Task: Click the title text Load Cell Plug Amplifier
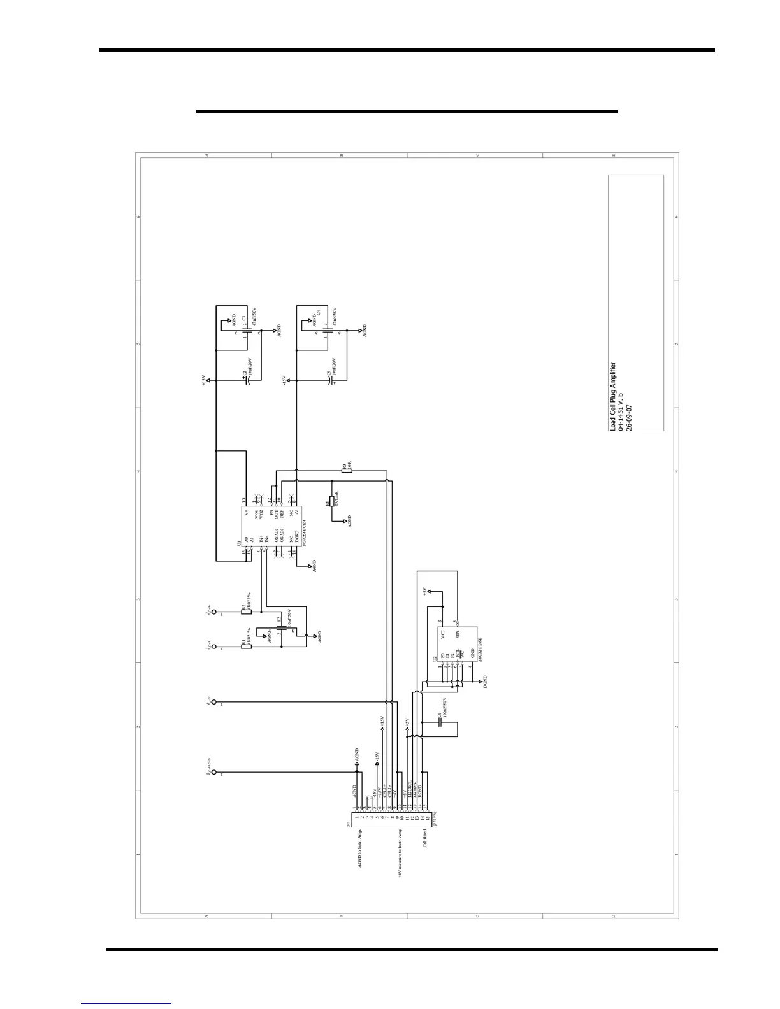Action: [613, 396]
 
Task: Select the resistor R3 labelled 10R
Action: [345, 471]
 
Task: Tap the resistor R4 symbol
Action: [331, 501]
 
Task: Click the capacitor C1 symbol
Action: [247, 332]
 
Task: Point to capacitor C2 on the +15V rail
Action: [249, 380]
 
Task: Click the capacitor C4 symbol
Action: [329, 332]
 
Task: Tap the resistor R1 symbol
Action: [246, 647]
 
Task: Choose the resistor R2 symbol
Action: [246, 612]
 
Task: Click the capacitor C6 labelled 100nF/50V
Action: [440, 726]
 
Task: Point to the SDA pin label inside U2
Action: [458, 634]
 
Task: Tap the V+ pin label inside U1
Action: [247, 512]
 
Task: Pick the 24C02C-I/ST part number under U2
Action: [480, 650]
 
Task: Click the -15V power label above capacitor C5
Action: [285, 380]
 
